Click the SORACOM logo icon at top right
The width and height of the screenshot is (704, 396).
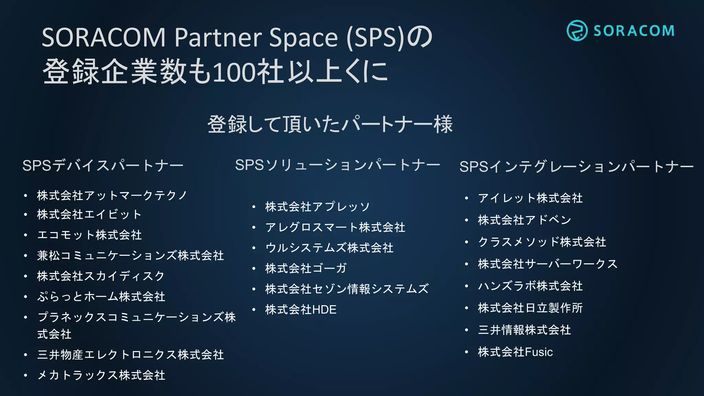tap(577, 31)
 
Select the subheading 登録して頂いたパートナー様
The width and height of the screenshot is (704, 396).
tap(330, 124)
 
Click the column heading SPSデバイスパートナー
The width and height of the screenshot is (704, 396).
tap(103, 166)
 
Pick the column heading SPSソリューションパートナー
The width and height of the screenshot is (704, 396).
tap(338, 165)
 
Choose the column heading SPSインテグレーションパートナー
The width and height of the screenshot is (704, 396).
tap(576, 167)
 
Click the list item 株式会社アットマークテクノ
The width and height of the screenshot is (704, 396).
tap(112, 195)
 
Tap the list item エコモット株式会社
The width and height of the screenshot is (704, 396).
tap(89, 235)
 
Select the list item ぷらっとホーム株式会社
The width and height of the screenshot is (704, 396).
tap(101, 296)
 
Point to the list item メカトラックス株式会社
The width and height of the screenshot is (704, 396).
tap(101, 375)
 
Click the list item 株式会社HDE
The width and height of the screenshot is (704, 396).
tap(301, 309)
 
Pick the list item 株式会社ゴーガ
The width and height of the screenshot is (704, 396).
tap(306, 268)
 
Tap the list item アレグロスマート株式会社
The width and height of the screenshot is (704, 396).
tap(335, 227)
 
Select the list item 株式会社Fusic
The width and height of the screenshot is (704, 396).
tap(515, 352)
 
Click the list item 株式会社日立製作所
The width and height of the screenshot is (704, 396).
tap(530, 308)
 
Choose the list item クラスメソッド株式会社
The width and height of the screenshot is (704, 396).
tap(542, 242)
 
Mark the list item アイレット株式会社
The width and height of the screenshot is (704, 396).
tap(530, 198)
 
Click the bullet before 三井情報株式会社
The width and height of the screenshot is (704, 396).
tap(466, 330)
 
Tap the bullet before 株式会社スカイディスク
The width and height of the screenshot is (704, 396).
tap(25, 276)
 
